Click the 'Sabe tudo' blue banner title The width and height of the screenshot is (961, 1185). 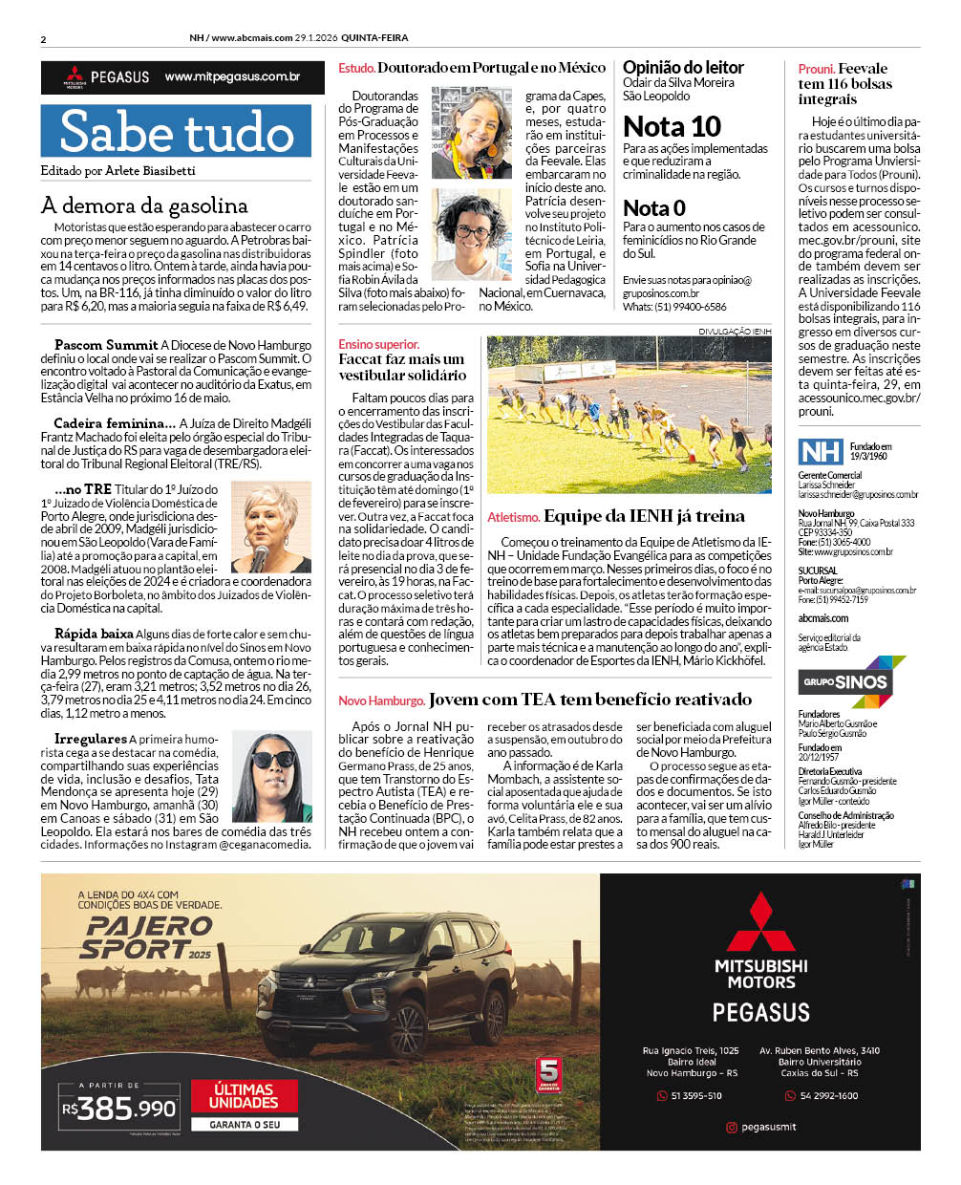pyautogui.click(x=176, y=132)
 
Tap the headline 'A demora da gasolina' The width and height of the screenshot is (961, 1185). pyautogui.click(x=144, y=205)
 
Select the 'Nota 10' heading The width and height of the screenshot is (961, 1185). pyautogui.click(x=672, y=126)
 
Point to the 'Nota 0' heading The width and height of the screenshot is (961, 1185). pyautogui.click(x=654, y=207)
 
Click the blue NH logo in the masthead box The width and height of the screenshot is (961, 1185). pyautogui.click(x=821, y=451)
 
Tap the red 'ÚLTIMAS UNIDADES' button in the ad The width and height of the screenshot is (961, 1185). pyautogui.click(x=244, y=1095)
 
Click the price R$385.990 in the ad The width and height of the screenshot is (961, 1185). pyautogui.click(x=119, y=1109)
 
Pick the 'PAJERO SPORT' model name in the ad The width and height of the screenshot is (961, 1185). pyautogui.click(x=147, y=937)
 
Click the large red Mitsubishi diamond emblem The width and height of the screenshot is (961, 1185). pyautogui.click(x=760, y=921)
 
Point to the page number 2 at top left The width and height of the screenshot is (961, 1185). pyautogui.click(x=44, y=39)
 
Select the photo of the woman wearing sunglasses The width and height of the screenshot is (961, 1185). pyautogui.click(x=272, y=777)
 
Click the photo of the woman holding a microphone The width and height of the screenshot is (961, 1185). pyautogui.click(x=271, y=527)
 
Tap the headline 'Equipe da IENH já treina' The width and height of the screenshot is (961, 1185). pyautogui.click(x=644, y=516)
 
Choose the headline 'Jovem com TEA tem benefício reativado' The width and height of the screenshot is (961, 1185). pyautogui.click(x=589, y=700)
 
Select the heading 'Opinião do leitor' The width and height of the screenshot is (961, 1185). pyautogui.click(x=683, y=67)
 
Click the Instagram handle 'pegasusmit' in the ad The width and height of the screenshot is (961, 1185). pyautogui.click(x=768, y=1127)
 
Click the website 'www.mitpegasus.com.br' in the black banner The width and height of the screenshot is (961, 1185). pyautogui.click(x=232, y=76)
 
